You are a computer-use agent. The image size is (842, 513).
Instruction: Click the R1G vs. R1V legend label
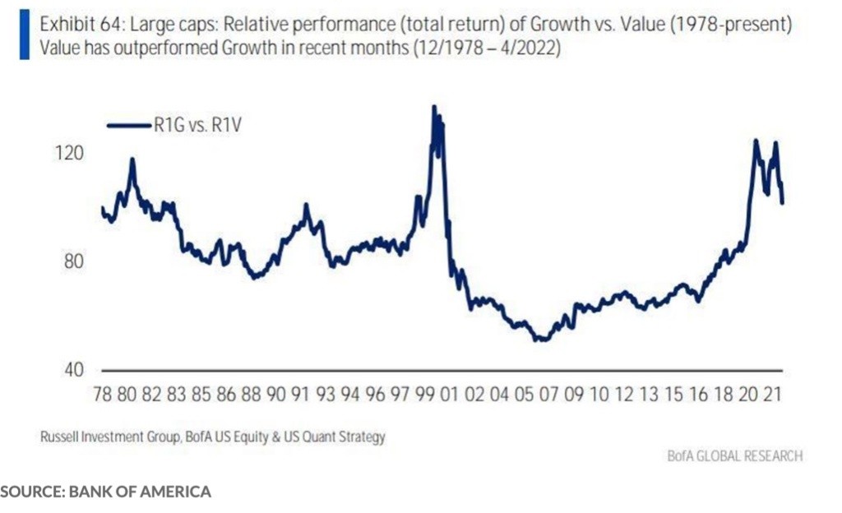197,125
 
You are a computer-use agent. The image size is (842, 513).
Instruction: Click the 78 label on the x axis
102,395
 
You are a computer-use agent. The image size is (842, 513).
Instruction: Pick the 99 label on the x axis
424,395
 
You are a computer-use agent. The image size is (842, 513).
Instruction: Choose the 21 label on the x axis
772,395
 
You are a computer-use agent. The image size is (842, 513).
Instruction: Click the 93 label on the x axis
325,395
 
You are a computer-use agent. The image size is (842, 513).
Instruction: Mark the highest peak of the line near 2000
434,107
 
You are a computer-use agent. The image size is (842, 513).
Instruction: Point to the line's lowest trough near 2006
540,339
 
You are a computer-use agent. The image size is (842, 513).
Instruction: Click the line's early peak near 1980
132,160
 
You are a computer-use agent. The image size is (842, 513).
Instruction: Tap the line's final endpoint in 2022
782,202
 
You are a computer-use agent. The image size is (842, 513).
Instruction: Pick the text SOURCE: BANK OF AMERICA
106,492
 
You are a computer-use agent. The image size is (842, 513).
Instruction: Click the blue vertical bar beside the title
24,36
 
